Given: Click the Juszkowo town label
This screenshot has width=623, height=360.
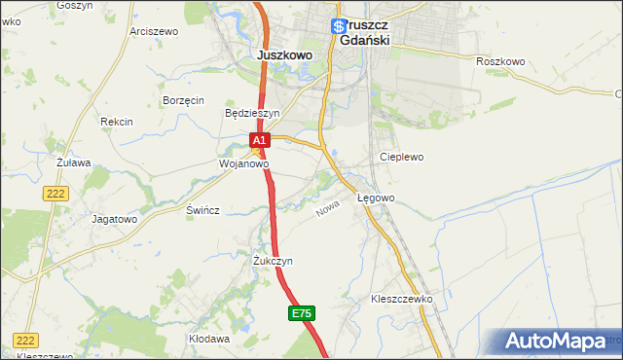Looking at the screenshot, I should click(x=284, y=55).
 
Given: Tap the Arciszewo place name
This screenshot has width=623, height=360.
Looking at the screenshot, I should click(x=154, y=31).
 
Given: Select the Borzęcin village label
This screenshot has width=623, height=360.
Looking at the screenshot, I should click(x=183, y=100).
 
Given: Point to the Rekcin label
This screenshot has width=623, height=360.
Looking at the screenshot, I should click(x=116, y=122).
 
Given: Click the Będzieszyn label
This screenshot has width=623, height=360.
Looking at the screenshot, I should click(x=252, y=113).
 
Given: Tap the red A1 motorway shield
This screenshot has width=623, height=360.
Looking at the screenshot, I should click(x=258, y=141).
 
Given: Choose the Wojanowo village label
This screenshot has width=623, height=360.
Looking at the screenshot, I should click(x=242, y=164).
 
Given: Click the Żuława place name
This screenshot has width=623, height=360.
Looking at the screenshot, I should click(x=73, y=162).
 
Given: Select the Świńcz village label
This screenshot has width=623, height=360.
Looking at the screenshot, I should click(x=203, y=210).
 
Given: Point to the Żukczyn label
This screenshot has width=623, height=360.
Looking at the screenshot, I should click(x=273, y=261).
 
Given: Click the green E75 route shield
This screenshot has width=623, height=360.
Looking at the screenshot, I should click(x=302, y=313).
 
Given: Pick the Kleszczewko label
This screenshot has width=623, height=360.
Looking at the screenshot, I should click(x=401, y=299).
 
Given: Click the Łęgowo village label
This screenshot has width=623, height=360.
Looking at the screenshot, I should click(x=376, y=198).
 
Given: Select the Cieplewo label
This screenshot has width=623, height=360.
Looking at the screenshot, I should click(x=401, y=157).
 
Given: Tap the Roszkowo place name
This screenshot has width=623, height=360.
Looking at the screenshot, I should click(x=500, y=61).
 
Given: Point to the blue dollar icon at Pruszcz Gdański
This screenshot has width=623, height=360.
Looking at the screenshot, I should click(x=338, y=27).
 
